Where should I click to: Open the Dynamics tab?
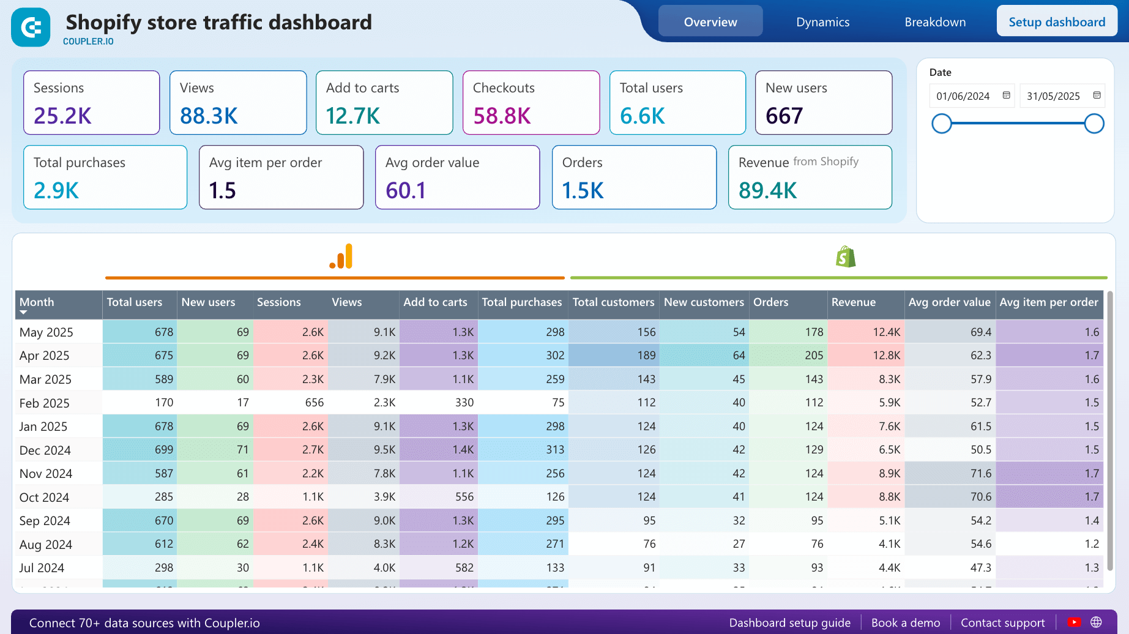click(822, 22)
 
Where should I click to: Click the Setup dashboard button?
click(1056, 22)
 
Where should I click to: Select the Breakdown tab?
click(934, 22)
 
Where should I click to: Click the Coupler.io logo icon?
click(31, 28)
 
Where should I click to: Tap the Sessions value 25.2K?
click(62, 116)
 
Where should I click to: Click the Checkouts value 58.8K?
click(502, 116)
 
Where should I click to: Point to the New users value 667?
click(784, 116)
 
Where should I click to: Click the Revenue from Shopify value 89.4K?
click(767, 190)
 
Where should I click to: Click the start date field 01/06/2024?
click(963, 96)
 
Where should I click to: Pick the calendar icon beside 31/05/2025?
click(1097, 95)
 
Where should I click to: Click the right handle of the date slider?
click(1094, 124)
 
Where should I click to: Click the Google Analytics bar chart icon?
click(341, 256)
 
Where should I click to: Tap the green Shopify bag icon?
click(845, 257)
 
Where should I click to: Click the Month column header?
click(37, 302)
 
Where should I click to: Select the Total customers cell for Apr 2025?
click(614, 356)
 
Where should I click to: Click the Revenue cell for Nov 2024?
click(865, 474)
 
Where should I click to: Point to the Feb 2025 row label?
click(44, 403)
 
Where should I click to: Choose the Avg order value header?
click(948, 302)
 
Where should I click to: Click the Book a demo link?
click(905, 623)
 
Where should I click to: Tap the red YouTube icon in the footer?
click(1073, 622)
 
